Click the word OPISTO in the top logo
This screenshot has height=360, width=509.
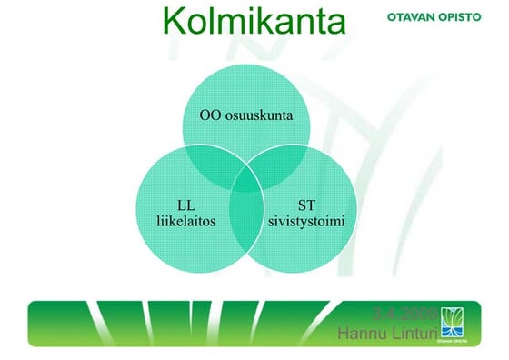469,16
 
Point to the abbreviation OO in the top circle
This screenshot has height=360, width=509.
211,115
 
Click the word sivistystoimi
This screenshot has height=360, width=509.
306,220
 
